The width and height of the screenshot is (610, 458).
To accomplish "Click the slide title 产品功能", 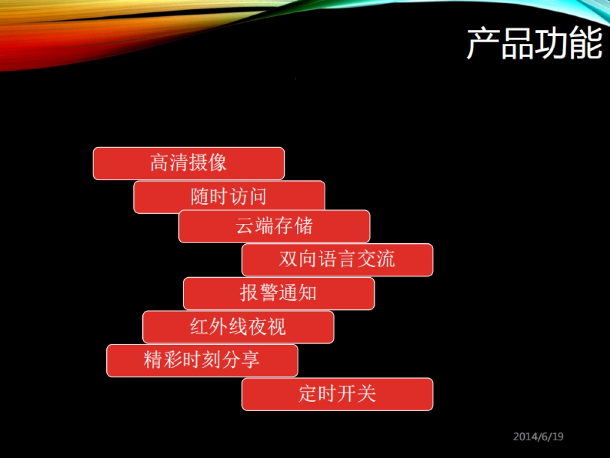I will coord(534,44).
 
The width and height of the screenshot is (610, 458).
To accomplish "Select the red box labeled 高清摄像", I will coord(189,163).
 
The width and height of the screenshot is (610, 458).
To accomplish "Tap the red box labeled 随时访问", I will coord(229,197).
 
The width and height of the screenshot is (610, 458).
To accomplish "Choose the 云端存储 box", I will coord(274,226).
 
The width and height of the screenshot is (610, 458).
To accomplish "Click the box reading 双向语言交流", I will coord(337,260).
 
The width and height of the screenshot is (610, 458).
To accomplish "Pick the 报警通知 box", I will coord(279,293).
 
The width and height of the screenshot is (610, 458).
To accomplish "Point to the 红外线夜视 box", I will coord(238,327).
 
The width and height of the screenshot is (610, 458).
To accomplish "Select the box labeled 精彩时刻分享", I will coord(202,360).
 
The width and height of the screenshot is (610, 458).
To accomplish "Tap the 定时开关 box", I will coord(337,394).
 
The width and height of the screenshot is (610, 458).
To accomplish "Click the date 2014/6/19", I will coord(538,437).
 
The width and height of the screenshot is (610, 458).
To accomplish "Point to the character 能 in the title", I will coord(586,44).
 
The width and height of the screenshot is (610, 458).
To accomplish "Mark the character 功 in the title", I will coord(552,44).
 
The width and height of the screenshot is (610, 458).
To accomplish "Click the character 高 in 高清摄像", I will coord(160,163).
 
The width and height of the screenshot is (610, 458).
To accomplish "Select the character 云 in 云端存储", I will coord(245,226).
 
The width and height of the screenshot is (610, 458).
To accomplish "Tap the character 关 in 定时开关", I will coord(366,394).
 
